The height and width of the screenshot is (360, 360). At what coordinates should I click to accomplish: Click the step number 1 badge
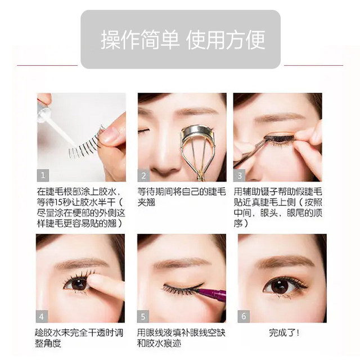tap(43, 175)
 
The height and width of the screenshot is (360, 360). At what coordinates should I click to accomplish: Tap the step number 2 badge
tap(143, 175)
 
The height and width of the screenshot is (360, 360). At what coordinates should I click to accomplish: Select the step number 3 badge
tap(239, 175)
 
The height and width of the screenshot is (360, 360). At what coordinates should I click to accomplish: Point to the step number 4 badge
tap(42, 317)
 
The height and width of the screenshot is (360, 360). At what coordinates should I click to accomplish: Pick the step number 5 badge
tap(143, 317)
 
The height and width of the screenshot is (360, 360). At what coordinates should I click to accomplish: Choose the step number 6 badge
tap(244, 317)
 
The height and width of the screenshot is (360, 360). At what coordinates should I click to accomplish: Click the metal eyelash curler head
tap(198, 133)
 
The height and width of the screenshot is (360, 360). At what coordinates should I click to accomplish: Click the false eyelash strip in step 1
tap(85, 144)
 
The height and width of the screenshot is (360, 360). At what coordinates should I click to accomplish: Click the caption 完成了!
tap(284, 332)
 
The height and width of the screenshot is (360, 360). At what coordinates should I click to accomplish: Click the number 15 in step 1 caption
tap(58, 202)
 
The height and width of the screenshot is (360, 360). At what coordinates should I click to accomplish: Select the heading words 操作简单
tap(140, 39)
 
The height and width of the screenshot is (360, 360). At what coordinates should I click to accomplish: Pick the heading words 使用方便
tap(226, 39)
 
